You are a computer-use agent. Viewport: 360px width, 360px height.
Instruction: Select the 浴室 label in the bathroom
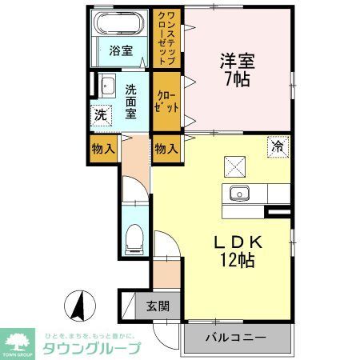121,53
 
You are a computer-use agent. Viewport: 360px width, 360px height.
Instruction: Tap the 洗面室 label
129,100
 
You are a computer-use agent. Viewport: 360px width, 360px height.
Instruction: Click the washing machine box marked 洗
101,115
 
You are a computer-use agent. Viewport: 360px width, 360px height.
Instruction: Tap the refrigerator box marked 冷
278,146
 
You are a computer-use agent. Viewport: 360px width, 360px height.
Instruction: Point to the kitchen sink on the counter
239,193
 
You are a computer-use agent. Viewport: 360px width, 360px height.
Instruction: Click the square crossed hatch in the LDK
235,165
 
